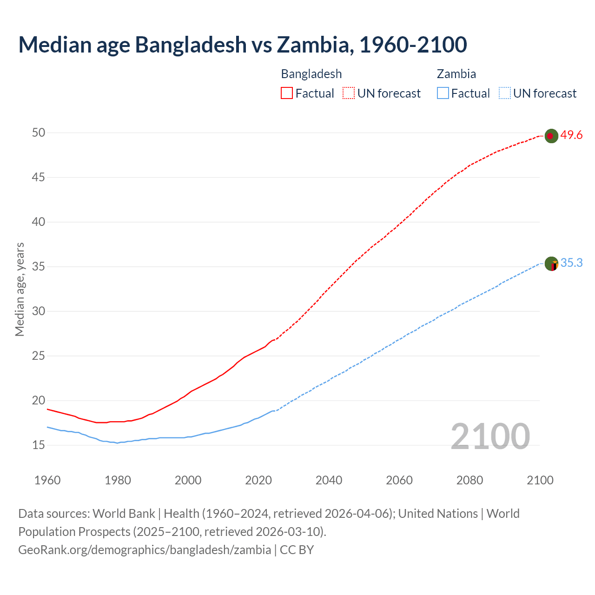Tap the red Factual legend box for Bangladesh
(x=287, y=93)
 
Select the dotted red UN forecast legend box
(x=349, y=93)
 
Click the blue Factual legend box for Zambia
(x=443, y=93)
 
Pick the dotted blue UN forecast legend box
(x=505, y=93)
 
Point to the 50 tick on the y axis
(x=39, y=132)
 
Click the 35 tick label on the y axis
(x=39, y=267)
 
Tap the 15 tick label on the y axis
(x=39, y=445)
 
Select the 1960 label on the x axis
(x=47, y=480)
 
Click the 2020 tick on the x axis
(x=258, y=480)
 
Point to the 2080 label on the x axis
(x=469, y=480)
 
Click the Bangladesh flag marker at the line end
(x=551, y=136)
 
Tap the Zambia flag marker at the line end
(x=551, y=264)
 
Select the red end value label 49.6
(x=571, y=135)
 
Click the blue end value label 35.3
(x=571, y=263)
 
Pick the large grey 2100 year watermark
(x=490, y=436)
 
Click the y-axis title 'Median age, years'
(x=20, y=289)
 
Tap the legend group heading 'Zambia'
(x=456, y=74)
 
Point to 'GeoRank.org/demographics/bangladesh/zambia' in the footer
(x=145, y=549)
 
